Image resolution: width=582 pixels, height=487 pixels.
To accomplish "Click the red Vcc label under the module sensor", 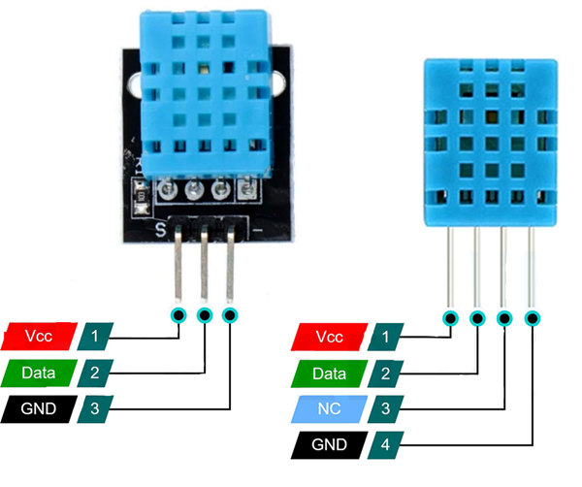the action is (x=39, y=337).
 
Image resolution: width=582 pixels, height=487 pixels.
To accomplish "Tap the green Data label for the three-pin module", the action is (x=39, y=373).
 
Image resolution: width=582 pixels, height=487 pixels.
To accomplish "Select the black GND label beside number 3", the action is (x=39, y=409).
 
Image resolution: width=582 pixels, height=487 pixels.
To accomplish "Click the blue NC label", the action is (x=329, y=409).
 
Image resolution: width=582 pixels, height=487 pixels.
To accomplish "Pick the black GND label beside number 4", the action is (x=329, y=445).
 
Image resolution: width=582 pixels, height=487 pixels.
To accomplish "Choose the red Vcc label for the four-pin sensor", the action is (x=329, y=337).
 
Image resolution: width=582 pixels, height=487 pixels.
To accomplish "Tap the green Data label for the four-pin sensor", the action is (x=329, y=373).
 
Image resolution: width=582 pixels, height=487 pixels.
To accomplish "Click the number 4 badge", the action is (x=386, y=445).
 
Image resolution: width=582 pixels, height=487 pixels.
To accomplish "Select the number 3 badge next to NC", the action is (x=386, y=409).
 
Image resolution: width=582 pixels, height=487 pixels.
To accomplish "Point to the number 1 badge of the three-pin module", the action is (x=95, y=337).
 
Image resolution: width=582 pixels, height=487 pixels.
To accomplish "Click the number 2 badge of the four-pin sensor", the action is (x=386, y=373).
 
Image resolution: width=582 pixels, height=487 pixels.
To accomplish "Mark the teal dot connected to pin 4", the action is (x=533, y=318).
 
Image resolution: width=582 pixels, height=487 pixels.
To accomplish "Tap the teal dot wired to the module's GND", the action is (x=230, y=315).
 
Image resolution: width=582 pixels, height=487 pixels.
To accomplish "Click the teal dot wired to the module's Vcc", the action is (x=178, y=315).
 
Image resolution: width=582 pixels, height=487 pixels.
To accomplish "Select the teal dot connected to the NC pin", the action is (x=504, y=318).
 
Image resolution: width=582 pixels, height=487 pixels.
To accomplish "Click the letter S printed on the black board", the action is (x=161, y=229).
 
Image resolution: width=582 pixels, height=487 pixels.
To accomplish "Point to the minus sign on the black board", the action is (x=257, y=231).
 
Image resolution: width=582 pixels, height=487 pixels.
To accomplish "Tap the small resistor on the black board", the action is (x=142, y=196).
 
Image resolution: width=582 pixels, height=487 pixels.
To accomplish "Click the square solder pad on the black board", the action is (x=246, y=189).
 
